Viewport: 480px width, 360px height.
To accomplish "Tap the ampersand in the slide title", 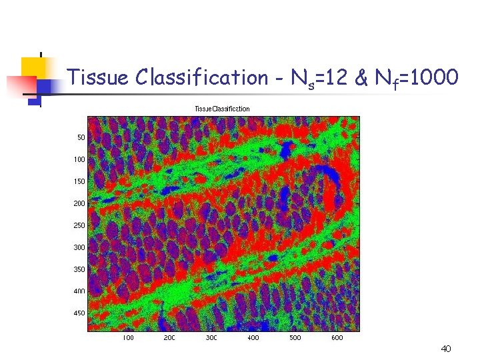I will pyautogui.click(x=361, y=79).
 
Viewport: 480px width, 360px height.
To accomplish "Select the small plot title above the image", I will pyautogui.click(x=222, y=109).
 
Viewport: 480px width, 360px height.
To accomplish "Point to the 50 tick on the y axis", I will pyautogui.click(x=81, y=137).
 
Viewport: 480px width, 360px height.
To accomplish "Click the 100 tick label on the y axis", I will pyautogui.click(x=79, y=159).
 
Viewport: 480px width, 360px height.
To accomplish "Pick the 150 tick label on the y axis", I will pyautogui.click(x=79, y=181).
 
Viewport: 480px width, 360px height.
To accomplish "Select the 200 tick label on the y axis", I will pyautogui.click(x=79, y=203).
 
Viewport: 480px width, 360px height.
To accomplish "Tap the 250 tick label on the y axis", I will pyautogui.click(x=79, y=225).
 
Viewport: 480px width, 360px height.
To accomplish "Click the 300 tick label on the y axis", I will pyautogui.click(x=79, y=247).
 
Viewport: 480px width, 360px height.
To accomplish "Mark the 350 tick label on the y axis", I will pyautogui.click(x=79, y=269).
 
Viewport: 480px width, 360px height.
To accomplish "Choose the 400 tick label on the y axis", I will pyautogui.click(x=79, y=291).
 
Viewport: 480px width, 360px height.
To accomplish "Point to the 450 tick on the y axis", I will pyautogui.click(x=79, y=313).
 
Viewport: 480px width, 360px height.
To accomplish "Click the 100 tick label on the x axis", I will pyautogui.click(x=127, y=338).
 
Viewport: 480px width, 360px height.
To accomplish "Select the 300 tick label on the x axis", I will pyautogui.click(x=211, y=338).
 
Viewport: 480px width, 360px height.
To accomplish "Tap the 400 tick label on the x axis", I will pyautogui.click(x=253, y=338).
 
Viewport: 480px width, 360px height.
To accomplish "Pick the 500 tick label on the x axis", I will pyautogui.click(x=295, y=338).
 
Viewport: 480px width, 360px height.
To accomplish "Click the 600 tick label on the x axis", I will pyautogui.click(x=337, y=338).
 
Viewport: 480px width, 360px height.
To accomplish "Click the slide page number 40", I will pyautogui.click(x=446, y=349).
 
